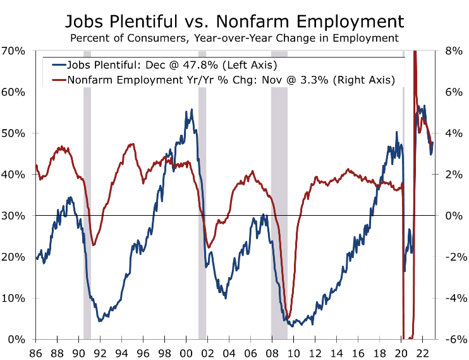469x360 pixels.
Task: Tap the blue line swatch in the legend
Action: (x=59, y=65)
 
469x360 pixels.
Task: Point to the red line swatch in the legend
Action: (x=59, y=80)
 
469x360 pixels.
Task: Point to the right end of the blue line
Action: (x=433, y=145)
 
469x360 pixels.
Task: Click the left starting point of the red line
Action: (x=36, y=165)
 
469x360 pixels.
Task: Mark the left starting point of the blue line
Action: (x=36, y=258)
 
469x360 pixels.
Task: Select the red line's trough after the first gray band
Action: (x=94, y=244)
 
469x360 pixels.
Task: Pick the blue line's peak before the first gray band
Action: (x=70, y=198)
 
